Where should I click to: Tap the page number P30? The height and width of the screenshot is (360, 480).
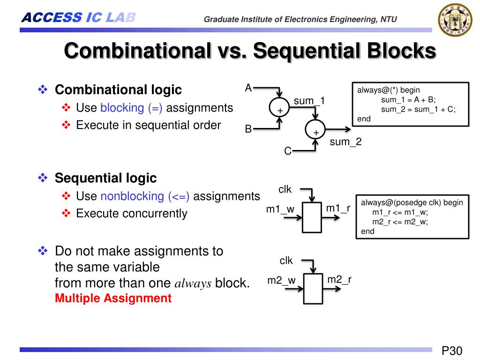click(452, 351)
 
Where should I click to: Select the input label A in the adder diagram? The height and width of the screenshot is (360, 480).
click(248, 88)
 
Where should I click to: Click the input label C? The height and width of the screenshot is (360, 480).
click(288, 151)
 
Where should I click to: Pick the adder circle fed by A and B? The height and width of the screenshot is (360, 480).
click(280, 107)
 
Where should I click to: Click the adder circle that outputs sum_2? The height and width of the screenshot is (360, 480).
click(316, 129)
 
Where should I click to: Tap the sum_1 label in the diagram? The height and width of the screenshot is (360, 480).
click(309, 101)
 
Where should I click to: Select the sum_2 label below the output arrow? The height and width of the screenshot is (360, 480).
click(345, 142)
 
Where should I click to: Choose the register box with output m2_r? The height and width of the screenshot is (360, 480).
click(313, 288)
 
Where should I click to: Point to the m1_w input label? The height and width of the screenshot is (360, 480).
click(280, 209)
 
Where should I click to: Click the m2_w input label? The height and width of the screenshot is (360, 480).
click(281, 280)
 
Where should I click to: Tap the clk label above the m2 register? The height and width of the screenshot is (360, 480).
click(286, 261)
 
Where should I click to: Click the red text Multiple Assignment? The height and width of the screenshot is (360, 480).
click(113, 298)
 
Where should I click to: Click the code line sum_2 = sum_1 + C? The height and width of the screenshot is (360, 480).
click(418, 109)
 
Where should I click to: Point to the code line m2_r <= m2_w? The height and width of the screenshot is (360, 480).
click(400, 222)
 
